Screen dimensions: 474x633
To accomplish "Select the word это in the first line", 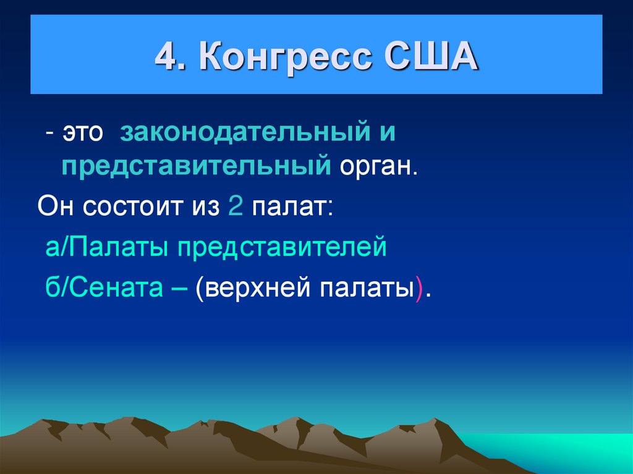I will [x=82, y=134].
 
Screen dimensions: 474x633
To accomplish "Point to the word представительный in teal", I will [x=195, y=167].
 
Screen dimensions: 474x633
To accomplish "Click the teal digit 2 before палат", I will [x=234, y=206].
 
